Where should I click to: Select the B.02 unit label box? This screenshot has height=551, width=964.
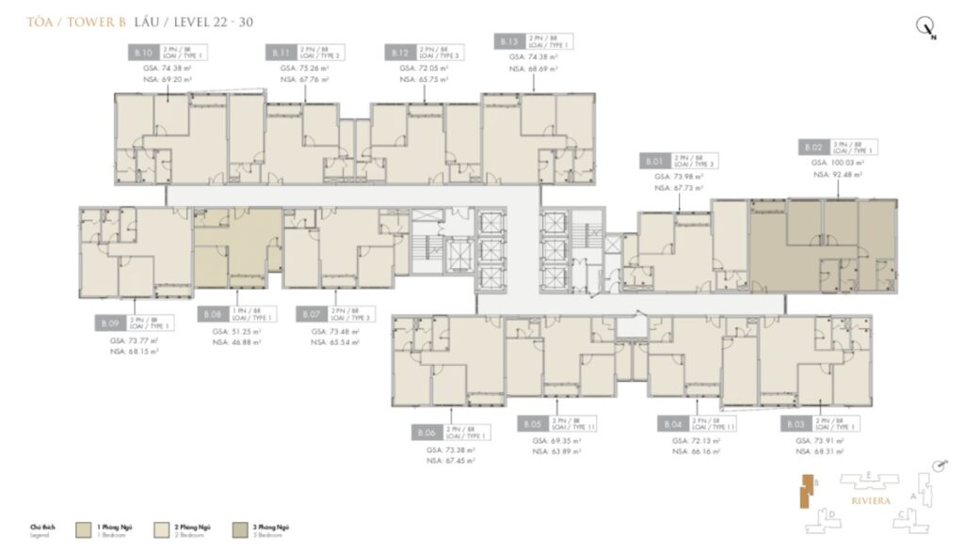(x=813, y=148)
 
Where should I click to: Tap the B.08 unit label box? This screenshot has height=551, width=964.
(x=214, y=315)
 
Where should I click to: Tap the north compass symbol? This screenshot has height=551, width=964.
(x=926, y=29)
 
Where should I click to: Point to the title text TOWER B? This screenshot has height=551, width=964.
(x=97, y=21)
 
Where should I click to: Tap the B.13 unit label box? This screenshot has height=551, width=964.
(x=508, y=41)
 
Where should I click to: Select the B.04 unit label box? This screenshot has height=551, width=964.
(x=671, y=424)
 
